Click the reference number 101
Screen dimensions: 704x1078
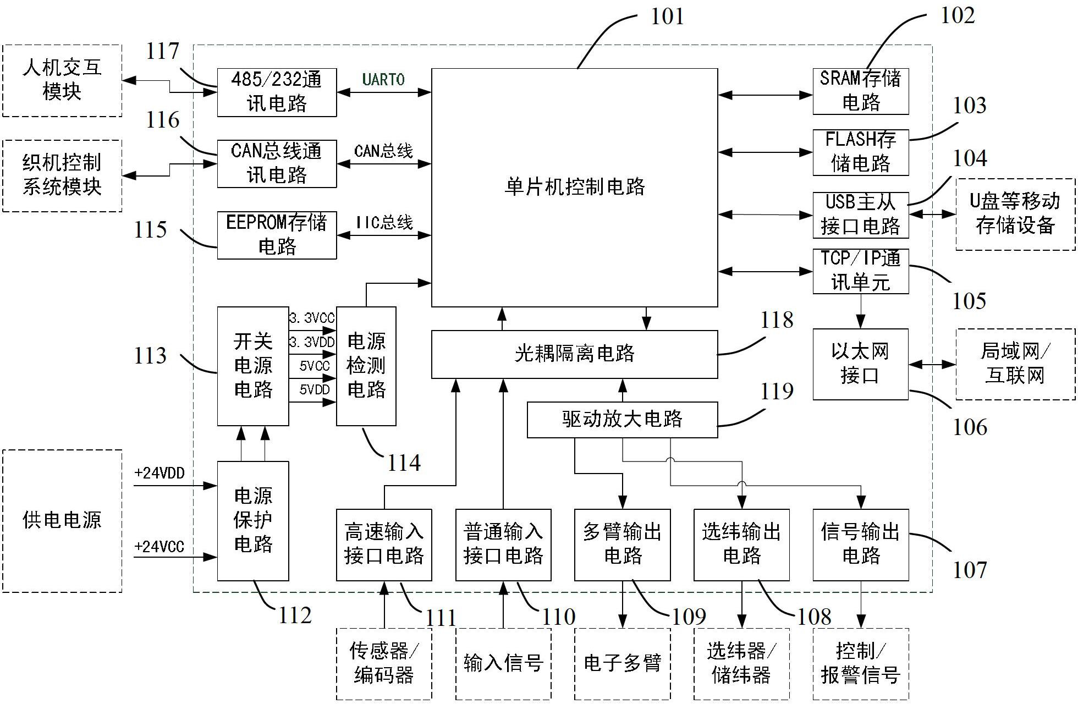(667, 16)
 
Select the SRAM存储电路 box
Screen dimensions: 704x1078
(860, 91)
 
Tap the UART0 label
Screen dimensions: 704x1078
(383, 80)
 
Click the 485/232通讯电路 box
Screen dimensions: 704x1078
(277, 92)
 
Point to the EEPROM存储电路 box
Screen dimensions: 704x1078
(277, 235)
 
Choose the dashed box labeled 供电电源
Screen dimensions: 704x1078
(62, 521)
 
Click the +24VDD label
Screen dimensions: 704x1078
(159, 474)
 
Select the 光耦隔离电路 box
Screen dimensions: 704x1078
(574, 354)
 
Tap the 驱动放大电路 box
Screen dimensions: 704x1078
(622, 420)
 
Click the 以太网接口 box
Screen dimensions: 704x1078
(860, 364)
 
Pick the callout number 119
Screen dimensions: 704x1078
(777, 392)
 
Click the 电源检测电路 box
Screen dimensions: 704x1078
(366, 366)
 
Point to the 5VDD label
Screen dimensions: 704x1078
(314, 390)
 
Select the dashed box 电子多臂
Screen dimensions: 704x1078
(622, 664)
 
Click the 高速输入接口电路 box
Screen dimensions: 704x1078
(384, 544)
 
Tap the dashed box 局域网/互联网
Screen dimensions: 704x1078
(1015, 364)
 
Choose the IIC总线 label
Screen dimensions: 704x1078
(383, 223)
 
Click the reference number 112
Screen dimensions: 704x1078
(295, 615)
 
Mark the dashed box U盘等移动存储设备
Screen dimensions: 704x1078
(1015, 215)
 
